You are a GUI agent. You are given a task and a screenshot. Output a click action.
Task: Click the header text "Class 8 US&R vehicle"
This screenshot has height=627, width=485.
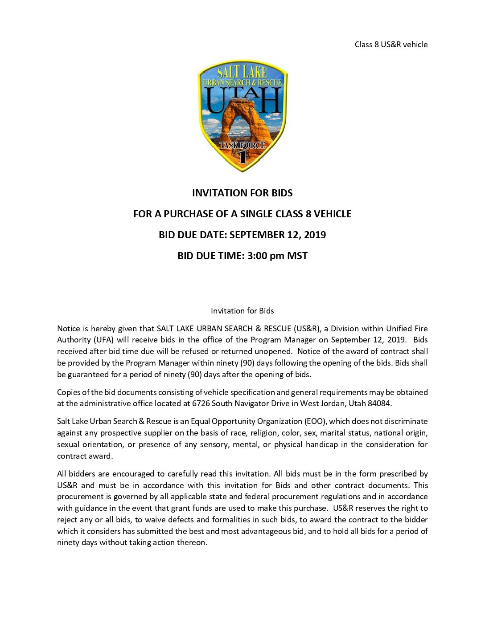[x=391, y=45]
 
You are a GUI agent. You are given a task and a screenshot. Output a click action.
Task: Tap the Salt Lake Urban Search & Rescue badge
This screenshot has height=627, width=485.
[x=242, y=116]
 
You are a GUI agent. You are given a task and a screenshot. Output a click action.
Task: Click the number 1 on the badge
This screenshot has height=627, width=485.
[x=242, y=157]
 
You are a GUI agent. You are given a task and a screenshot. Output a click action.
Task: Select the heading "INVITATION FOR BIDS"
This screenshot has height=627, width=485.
[x=242, y=193]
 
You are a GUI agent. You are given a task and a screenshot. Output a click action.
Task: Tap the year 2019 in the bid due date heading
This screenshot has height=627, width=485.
[x=315, y=235]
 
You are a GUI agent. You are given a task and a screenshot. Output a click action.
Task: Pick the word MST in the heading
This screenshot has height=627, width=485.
[x=297, y=256]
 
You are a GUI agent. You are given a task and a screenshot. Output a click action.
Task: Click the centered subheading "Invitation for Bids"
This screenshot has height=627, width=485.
[x=242, y=311]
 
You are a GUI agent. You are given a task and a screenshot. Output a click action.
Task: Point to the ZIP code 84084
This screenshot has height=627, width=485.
[x=379, y=403]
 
